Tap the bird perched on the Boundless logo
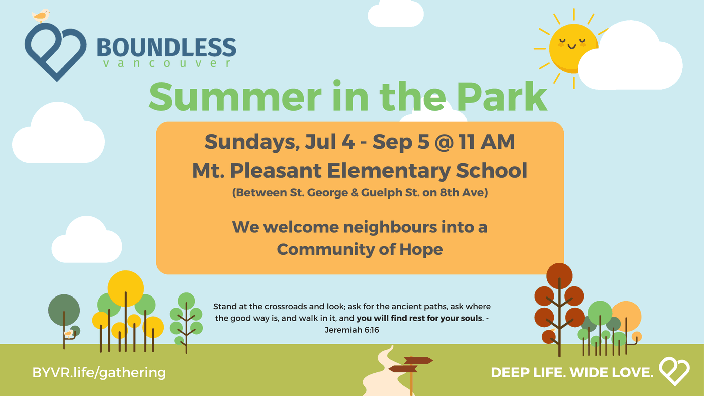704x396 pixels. (41, 16)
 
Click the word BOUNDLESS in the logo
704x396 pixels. (166, 47)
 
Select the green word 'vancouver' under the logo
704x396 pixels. (167, 63)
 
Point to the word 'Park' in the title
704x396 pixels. (502, 96)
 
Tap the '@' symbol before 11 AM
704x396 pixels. (445, 142)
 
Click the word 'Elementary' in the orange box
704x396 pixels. (389, 171)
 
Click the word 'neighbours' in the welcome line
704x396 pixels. (350, 227)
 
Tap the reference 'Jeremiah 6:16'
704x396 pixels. (351, 330)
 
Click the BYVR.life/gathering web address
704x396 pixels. (100, 373)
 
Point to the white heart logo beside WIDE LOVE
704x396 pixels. (674, 371)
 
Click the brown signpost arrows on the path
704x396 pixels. (410, 365)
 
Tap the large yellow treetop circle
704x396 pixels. (125, 288)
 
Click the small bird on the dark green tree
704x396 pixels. (68, 333)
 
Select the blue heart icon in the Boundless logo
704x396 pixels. (56, 52)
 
